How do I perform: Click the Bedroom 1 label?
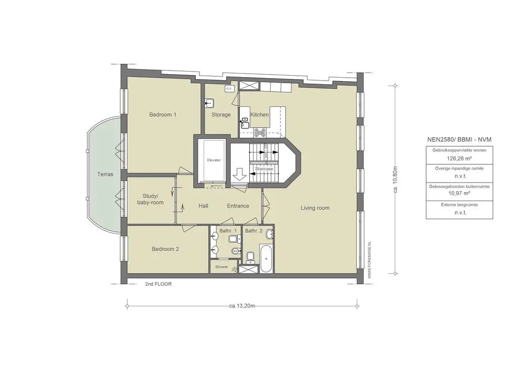point(163,114)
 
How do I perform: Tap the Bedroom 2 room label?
point(166,249)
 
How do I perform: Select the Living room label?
point(315,208)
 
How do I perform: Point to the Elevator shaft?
point(214,160)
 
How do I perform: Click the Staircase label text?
point(264,169)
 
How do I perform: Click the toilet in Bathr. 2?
point(250,258)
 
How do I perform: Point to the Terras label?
point(105,174)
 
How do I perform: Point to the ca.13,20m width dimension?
point(242,306)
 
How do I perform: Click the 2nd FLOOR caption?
point(158,284)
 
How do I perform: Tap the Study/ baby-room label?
point(150,199)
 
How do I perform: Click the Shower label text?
point(222,267)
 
